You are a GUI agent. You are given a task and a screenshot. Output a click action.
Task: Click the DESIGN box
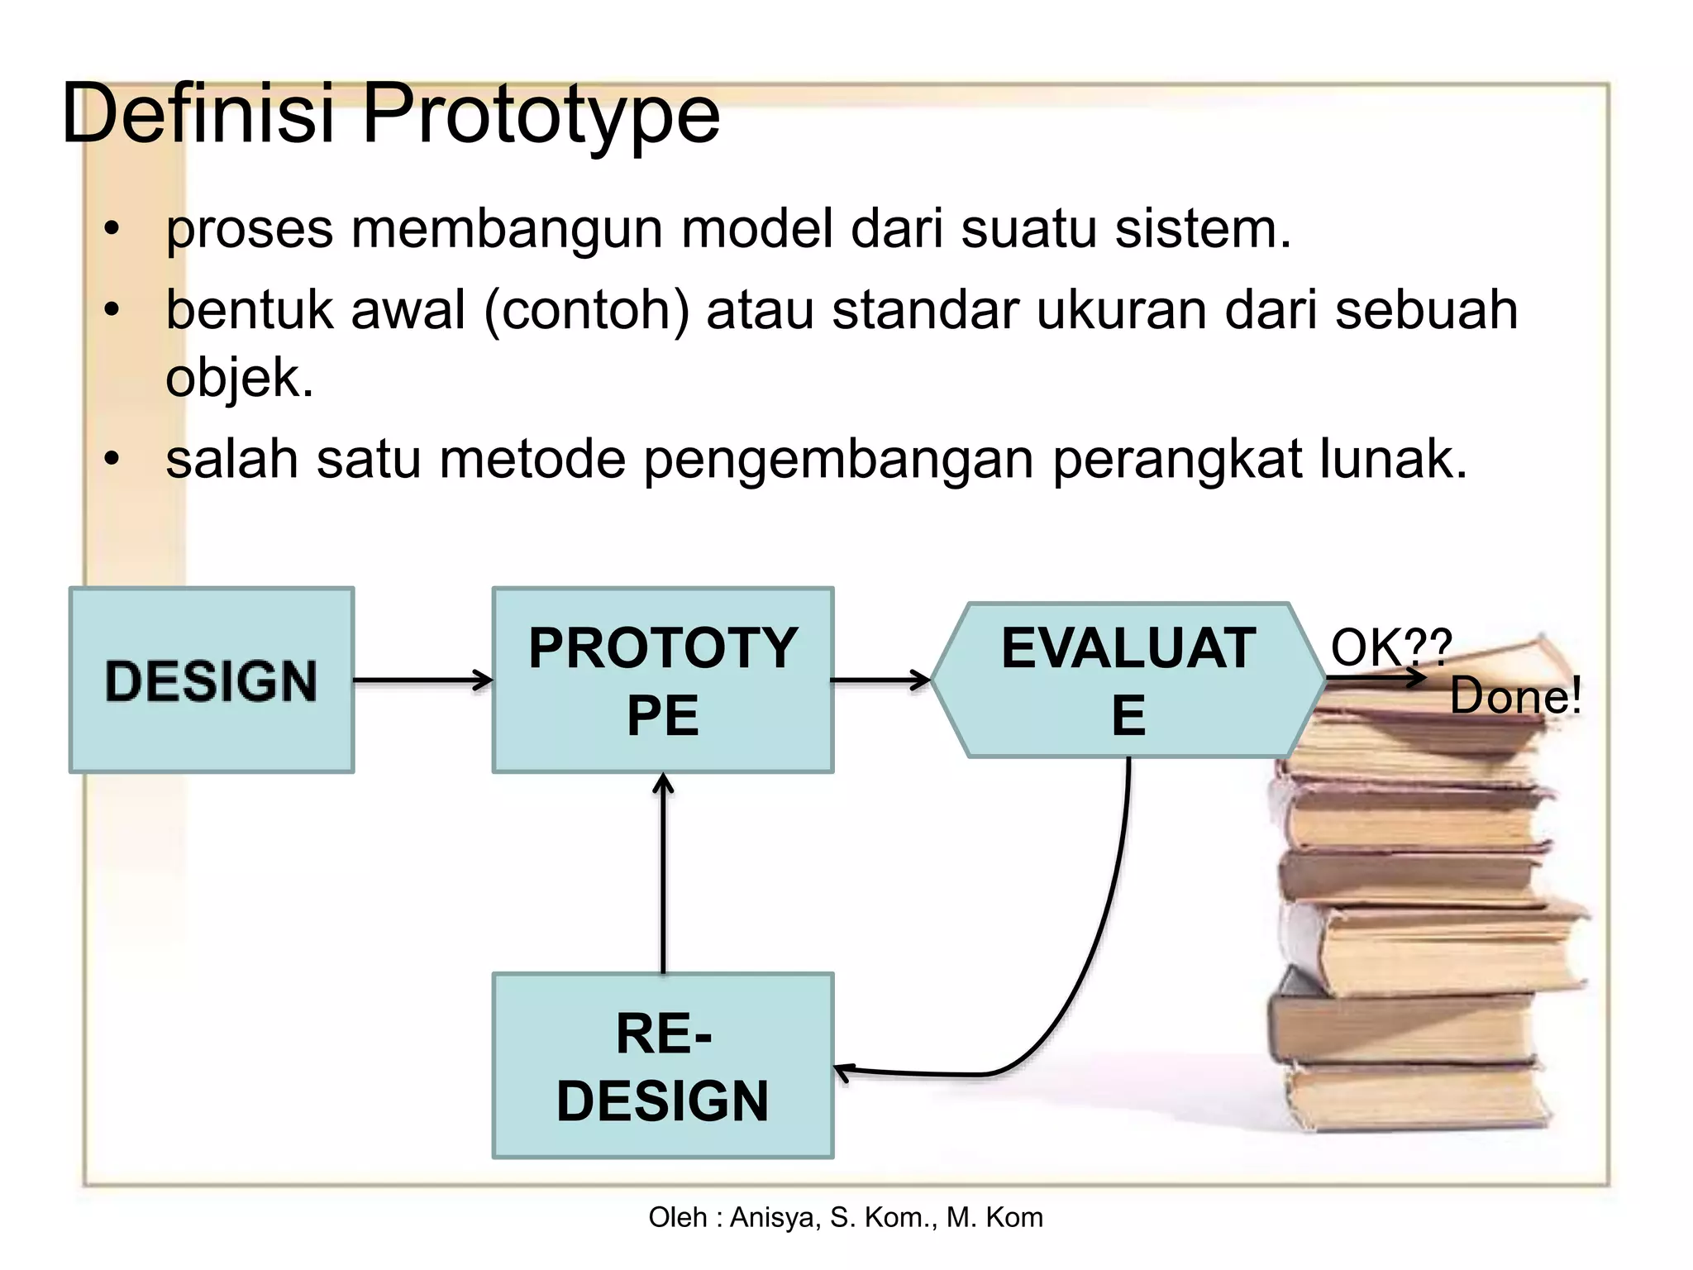[x=212, y=680]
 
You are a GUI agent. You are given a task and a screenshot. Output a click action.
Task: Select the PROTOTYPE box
[x=662, y=680]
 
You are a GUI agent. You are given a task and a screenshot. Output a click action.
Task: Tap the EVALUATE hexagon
[x=1128, y=680]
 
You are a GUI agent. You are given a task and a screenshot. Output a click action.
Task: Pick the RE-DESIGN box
[x=662, y=1066]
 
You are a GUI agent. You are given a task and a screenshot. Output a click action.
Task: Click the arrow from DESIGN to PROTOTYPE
[x=422, y=680]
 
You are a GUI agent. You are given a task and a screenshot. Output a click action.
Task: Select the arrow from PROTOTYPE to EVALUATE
[x=880, y=680]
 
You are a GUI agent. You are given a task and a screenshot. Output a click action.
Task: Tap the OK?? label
[x=1390, y=647]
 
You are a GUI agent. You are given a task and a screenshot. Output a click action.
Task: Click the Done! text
[x=1515, y=696]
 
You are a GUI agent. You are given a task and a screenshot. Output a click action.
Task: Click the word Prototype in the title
[x=541, y=114]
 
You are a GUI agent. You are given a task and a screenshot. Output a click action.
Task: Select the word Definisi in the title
[x=198, y=112]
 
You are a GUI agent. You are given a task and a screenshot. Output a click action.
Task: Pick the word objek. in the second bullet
[x=240, y=379]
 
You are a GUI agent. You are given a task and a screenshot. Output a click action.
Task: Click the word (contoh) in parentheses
[x=587, y=311]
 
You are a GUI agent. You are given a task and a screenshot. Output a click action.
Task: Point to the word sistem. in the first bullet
[x=1203, y=229]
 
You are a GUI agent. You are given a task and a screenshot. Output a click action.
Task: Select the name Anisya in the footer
[x=775, y=1217]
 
